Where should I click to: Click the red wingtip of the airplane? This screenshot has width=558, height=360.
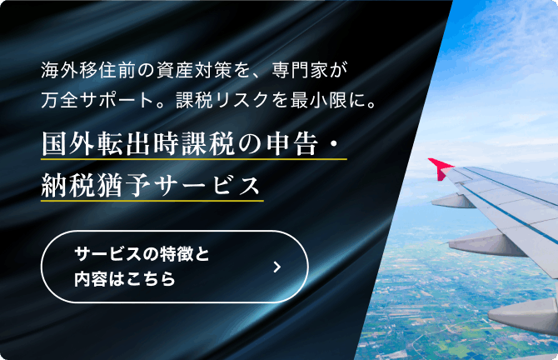(440, 167)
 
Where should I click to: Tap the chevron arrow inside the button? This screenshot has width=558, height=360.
(277, 267)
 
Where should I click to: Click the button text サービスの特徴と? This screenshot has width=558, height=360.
(142, 254)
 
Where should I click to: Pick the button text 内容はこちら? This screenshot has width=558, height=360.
(125, 278)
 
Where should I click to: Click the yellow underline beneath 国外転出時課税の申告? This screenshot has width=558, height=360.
(194, 159)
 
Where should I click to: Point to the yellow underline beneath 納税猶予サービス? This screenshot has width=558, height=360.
(152, 201)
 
